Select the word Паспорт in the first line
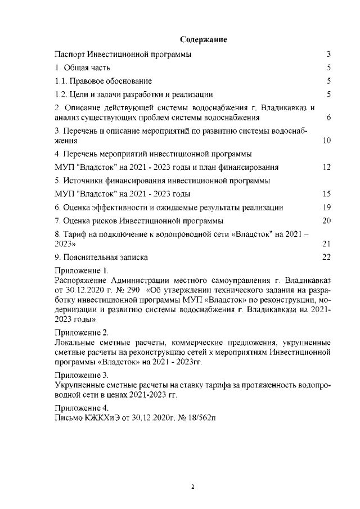click(x=70, y=55)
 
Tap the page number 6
click(x=328, y=118)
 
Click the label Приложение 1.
click(x=81, y=271)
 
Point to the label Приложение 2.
click(x=82, y=332)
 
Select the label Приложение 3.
click(x=82, y=374)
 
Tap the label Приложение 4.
click(x=82, y=408)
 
